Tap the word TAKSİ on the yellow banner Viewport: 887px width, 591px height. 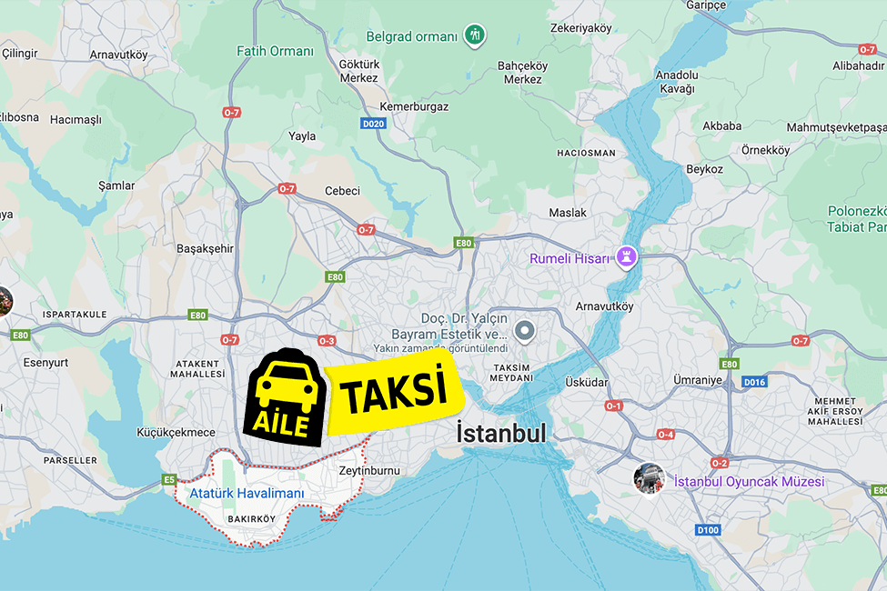coord(395,392)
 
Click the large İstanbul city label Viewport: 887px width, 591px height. coord(501,433)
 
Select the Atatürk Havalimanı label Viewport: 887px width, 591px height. coord(247,494)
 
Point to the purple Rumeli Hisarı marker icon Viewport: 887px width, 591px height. coord(626,257)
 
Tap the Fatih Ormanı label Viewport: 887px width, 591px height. coord(275,52)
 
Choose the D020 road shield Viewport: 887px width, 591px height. coord(373,124)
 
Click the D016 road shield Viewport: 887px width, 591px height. coord(754,382)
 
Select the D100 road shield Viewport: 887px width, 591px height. coord(708,529)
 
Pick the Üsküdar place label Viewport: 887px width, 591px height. coord(586,382)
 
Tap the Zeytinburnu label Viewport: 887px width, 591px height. coord(368,471)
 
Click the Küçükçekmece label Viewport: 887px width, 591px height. coord(176,433)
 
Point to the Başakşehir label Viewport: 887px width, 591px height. coord(205,248)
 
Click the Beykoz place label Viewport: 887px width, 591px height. coord(704,169)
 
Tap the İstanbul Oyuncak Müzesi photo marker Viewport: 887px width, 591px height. coord(650,478)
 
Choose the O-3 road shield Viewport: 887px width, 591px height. coord(327,341)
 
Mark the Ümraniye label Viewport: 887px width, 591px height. coord(696,379)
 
